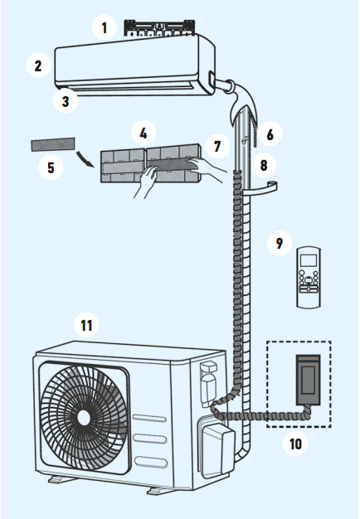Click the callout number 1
click(105, 28)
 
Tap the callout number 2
click(38, 65)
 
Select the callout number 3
click(66, 101)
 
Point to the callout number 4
click(144, 133)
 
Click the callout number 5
click(51, 167)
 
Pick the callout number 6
click(270, 134)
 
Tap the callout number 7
click(217, 146)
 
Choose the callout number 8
click(264, 165)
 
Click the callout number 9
click(280, 243)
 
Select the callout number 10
click(295, 444)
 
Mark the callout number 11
click(86, 325)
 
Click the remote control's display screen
click(308, 260)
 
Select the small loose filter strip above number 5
click(53, 144)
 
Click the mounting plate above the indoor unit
click(159, 28)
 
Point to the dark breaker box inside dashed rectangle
click(308, 380)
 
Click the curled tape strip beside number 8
click(261, 187)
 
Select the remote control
click(309, 278)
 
